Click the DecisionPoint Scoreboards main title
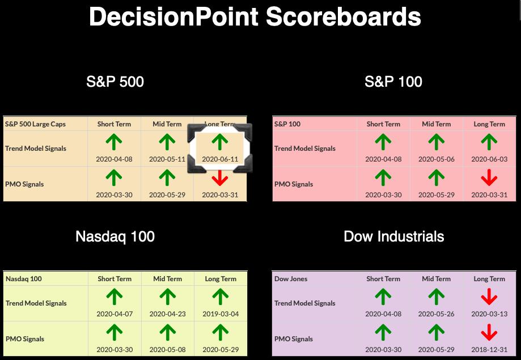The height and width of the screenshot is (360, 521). pyautogui.click(x=255, y=16)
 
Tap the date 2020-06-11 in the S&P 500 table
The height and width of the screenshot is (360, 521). pyautogui.click(x=220, y=159)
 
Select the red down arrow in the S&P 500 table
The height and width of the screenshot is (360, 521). pyautogui.click(x=219, y=178)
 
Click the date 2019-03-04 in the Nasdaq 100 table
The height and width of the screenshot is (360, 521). pyautogui.click(x=221, y=314)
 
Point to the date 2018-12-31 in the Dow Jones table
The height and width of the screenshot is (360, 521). pyautogui.click(x=489, y=350)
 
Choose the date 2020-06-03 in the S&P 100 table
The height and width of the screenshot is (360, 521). pyautogui.click(x=489, y=159)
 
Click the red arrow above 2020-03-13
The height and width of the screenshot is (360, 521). pyautogui.click(x=489, y=297)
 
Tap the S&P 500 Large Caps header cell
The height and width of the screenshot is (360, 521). pyautogui.click(x=35, y=124)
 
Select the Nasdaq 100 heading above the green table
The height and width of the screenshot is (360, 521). pyautogui.click(x=115, y=236)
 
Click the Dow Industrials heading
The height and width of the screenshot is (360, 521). pyautogui.click(x=394, y=236)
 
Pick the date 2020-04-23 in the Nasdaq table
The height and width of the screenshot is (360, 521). pyautogui.click(x=167, y=314)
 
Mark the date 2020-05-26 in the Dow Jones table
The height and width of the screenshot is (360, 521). pyautogui.click(x=437, y=314)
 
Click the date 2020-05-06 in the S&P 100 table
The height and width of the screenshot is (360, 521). pyautogui.click(x=437, y=159)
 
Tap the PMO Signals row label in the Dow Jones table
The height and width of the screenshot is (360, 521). pyautogui.click(x=294, y=339)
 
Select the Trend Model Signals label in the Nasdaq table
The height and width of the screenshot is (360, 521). pyautogui.click(x=36, y=303)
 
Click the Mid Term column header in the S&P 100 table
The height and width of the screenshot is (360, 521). pyautogui.click(x=437, y=124)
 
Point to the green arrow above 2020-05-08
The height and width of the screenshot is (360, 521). pyautogui.click(x=167, y=333)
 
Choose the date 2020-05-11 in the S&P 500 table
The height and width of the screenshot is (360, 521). pyautogui.click(x=167, y=159)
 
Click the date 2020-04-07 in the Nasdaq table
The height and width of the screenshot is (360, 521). pyautogui.click(x=115, y=314)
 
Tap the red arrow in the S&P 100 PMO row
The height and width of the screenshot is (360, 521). pyautogui.click(x=489, y=177)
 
